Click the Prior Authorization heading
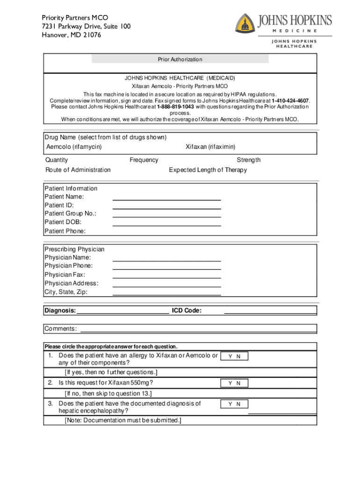180,59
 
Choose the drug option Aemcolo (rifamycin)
74,147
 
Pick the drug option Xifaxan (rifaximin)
210,147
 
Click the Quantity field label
57,160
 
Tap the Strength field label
248,160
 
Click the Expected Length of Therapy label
208,170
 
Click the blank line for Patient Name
166,199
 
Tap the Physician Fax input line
166,278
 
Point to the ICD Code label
187,311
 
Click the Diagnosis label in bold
60,311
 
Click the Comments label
61,329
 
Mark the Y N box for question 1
234,356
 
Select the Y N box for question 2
234,383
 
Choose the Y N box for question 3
234,404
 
